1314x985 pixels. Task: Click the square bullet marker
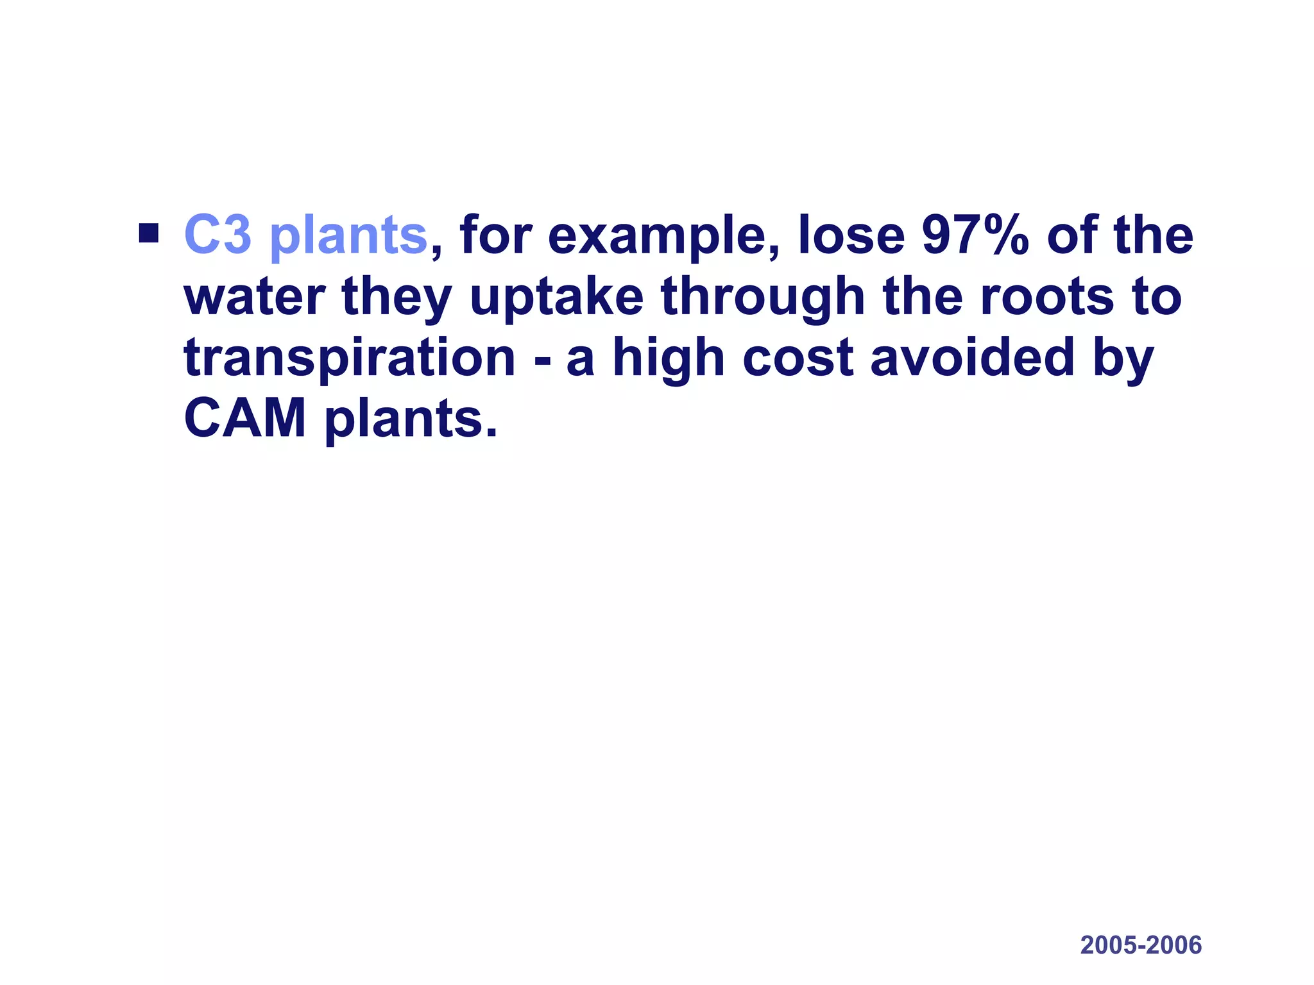point(148,233)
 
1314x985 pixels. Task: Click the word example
point(658,237)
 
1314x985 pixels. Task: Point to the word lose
point(851,235)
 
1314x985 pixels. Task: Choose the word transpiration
point(350,359)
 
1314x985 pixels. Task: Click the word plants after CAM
point(411,420)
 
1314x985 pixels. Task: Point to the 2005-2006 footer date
point(1141,945)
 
